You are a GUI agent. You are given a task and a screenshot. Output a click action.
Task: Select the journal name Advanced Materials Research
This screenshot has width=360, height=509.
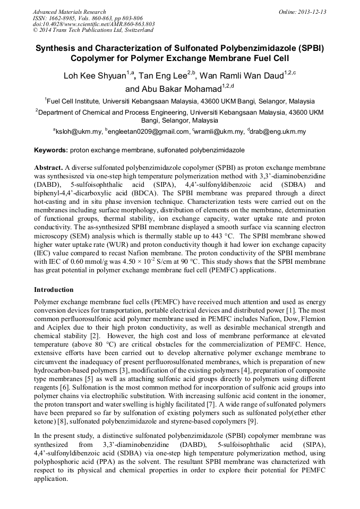69,12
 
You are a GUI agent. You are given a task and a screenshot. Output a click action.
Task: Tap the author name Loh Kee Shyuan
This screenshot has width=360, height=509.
95,76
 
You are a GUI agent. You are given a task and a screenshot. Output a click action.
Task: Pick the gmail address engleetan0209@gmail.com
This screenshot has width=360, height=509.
149,132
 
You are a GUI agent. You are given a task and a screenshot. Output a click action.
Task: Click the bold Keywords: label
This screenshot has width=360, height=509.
51,151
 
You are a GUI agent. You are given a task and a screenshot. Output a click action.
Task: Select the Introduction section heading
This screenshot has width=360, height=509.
54,290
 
